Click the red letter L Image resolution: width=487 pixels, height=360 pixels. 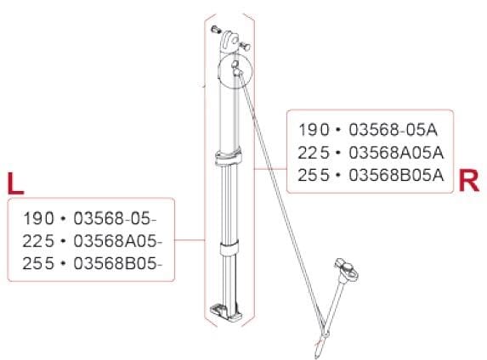(15, 184)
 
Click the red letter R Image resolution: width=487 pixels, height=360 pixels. (468, 180)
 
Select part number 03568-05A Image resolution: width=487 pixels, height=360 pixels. (393, 130)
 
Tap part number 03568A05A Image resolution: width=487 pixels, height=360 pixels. (396, 153)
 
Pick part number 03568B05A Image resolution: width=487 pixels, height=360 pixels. (396, 176)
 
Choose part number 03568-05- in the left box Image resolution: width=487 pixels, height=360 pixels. (116, 218)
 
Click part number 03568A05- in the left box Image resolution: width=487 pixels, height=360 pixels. (118, 241)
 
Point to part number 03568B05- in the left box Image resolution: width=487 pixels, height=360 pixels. (118, 264)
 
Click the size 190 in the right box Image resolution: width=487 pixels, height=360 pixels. (314, 130)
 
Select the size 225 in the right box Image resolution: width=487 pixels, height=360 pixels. (314, 153)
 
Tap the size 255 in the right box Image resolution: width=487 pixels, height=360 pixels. (314, 176)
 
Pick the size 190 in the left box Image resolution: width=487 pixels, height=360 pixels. (38, 218)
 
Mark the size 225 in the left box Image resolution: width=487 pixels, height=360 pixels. (38, 241)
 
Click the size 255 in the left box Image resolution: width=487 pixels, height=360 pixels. (38, 264)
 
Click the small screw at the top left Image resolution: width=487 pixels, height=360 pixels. (216, 30)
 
